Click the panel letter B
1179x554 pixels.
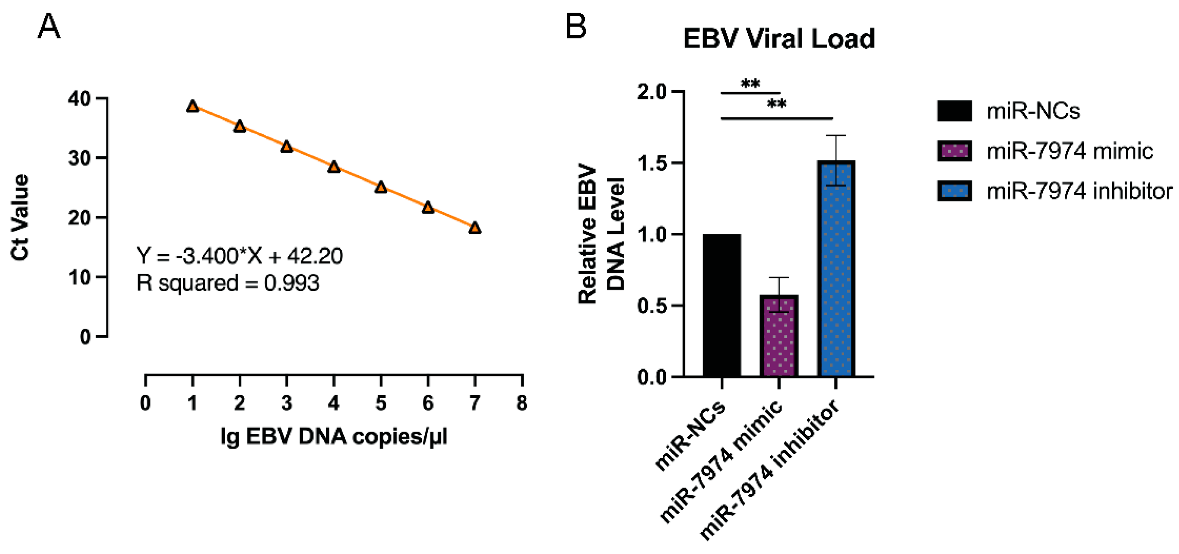576,26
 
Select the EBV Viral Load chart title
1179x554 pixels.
778,38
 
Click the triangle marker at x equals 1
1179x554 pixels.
193,106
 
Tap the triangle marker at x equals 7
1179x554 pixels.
475,228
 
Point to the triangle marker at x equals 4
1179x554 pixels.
333,167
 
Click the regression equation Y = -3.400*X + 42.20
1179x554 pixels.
240,256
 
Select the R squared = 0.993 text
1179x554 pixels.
227,283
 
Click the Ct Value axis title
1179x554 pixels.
20,218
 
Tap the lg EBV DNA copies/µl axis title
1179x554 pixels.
333,436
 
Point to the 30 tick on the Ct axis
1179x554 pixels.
81,158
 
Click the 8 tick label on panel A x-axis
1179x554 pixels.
522,403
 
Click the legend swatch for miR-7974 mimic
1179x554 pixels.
954,151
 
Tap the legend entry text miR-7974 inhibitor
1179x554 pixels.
1079,191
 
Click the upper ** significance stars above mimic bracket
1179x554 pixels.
750,84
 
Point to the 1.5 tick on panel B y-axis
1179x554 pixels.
652,163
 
